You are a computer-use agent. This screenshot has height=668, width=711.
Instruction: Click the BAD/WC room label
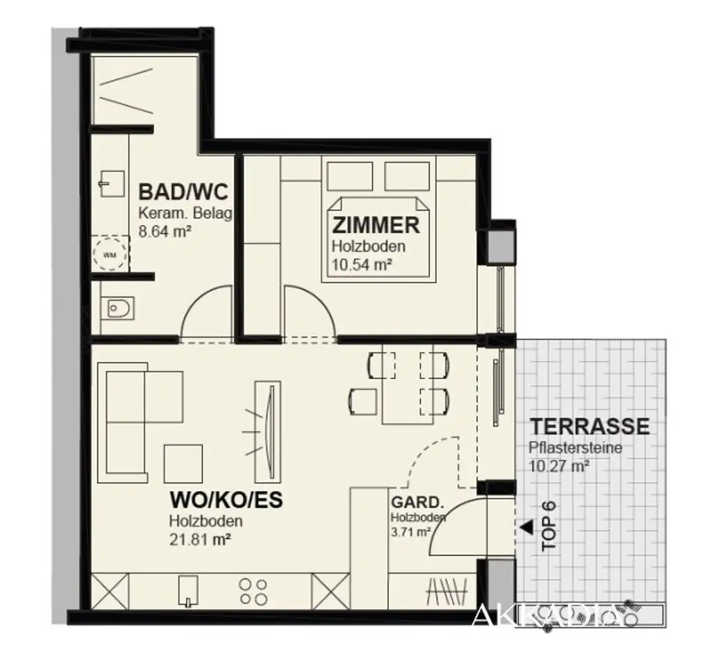pyautogui.click(x=183, y=191)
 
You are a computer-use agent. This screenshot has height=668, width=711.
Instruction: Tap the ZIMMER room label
pyautogui.click(x=376, y=225)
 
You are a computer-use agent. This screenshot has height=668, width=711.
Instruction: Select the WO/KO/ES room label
pyautogui.click(x=226, y=500)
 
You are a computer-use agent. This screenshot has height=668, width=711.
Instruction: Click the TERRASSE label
pyautogui.click(x=589, y=426)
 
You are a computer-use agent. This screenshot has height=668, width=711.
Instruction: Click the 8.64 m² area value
pyautogui.click(x=165, y=233)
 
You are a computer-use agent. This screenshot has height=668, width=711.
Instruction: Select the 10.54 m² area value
pyautogui.click(x=362, y=264)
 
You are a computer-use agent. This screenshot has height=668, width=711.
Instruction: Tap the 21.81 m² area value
pyautogui.click(x=199, y=538)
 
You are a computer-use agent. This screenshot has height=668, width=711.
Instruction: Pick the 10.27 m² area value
pyautogui.click(x=558, y=466)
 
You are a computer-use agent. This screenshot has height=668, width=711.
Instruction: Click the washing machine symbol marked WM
pyautogui.click(x=110, y=254)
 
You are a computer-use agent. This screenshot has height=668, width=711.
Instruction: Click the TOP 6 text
pyautogui.click(x=549, y=526)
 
